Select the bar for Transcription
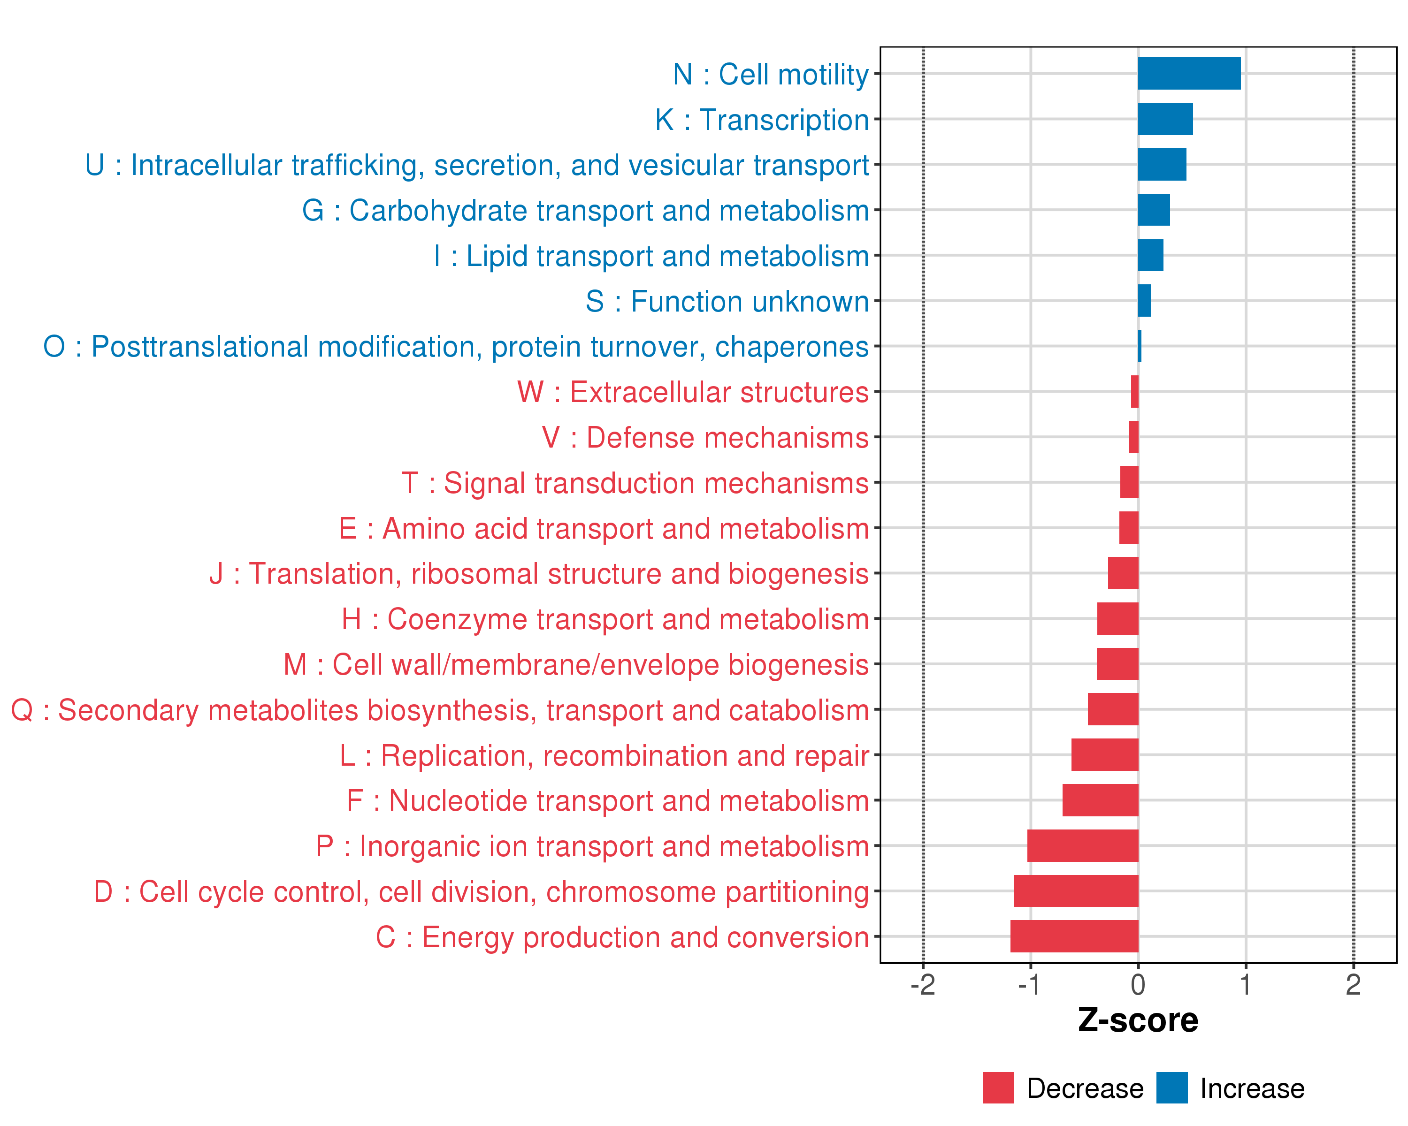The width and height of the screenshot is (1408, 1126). click(1165, 119)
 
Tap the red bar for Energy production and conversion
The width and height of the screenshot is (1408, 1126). click(1074, 936)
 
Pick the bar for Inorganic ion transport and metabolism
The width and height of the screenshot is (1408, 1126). click(1083, 845)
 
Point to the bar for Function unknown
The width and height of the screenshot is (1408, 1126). click(1144, 300)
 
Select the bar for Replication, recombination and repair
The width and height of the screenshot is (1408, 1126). click(1105, 754)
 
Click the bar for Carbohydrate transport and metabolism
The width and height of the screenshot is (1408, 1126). click(1154, 210)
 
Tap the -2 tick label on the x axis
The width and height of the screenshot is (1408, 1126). click(923, 984)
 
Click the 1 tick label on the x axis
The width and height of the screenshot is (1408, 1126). click(1246, 984)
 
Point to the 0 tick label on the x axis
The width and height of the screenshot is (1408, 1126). click(1138, 984)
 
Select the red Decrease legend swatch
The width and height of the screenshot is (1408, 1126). click(998, 1088)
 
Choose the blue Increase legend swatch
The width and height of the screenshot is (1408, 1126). click(1171, 1088)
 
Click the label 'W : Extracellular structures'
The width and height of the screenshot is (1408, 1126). click(693, 392)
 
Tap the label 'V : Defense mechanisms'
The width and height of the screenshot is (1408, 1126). click(705, 437)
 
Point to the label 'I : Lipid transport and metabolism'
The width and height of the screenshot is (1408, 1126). click(651, 256)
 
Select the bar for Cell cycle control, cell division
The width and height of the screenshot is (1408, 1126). click(1076, 891)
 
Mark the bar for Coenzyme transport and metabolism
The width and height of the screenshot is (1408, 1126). click(1117, 619)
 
